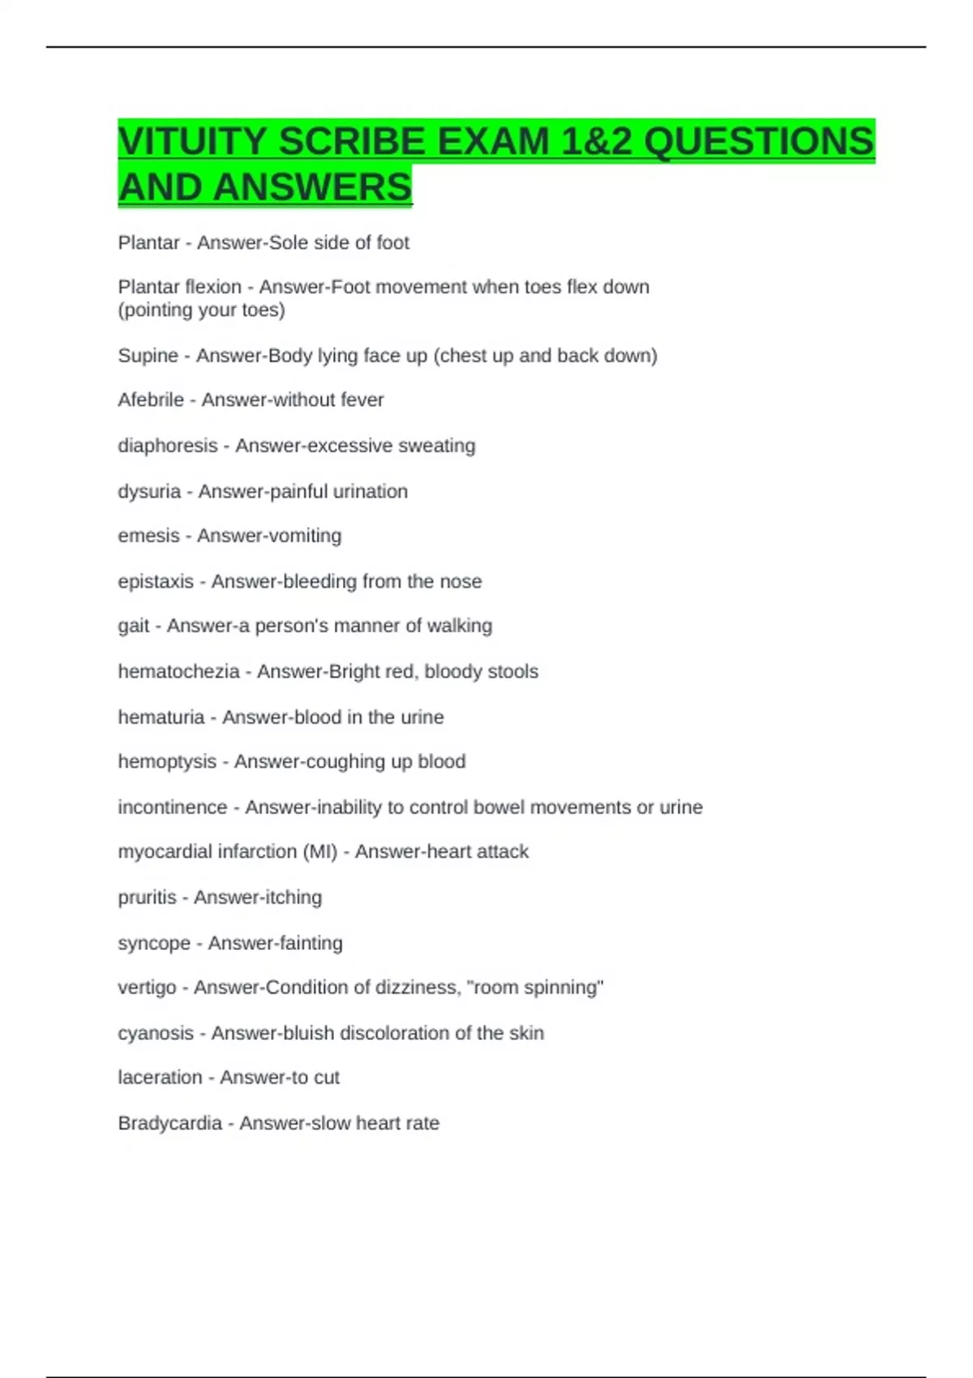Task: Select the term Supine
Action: [148, 356]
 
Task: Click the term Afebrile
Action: [151, 400]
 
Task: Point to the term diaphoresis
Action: [168, 446]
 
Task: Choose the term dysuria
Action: [149, 491]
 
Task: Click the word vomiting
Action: [310, 536]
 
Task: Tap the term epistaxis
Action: [156, 581]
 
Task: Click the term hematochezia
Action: [178, 671]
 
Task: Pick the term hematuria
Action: [161, 717]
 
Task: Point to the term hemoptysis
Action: [167, 762]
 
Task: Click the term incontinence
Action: [173, 807]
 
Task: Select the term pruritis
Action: [147, 897]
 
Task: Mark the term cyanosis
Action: [156, 1033]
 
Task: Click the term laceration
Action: [160, 1077]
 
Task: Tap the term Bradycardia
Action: [169, 1123]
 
